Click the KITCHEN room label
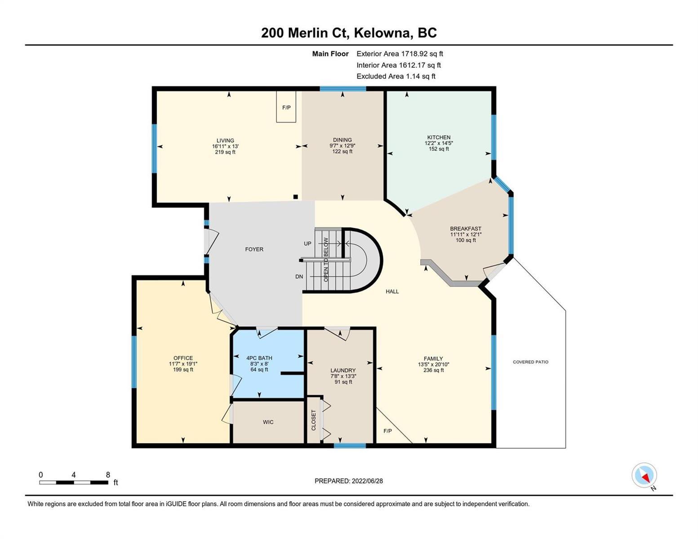(439, 137)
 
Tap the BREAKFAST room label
(466, 229)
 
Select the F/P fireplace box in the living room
(286, 106)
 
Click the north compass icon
(644, 476)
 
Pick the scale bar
(74, 482)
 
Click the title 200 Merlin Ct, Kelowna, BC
(349, 33)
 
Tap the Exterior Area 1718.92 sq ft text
(400, 54)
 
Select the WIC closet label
(268, 422)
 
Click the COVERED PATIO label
(530, 362)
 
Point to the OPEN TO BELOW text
(326, 260)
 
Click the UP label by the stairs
(307, 243)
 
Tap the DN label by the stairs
(299, 276)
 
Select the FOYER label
(254, 249)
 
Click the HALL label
(392, 292)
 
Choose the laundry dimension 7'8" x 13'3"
(343, 376)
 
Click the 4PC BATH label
(259, 358)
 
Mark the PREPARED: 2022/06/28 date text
(348, 481)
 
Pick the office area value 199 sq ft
(183, 370)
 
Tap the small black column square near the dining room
(296, 197)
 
